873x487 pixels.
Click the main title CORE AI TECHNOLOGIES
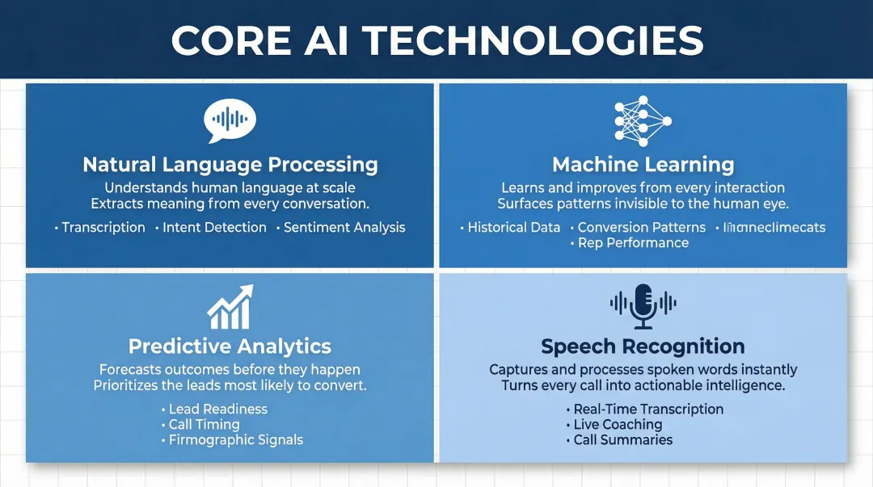pyautogui.click(x=436, y=40)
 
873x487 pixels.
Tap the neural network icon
pyautogui.click(x=643, y=122)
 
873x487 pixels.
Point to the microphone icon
pyautogui.click(x=643, y=306)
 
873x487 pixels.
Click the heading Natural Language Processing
pyautogui.click(x=230, y=165)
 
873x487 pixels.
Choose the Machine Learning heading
pyautogui.click(x=643, y=165)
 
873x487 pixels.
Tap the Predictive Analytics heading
pyautogui.click(x=230, y=346)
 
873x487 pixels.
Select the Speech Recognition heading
pyautogui.click(x=643, y=346)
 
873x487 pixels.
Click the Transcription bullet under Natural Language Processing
pyautogui.click(x=103, y=228)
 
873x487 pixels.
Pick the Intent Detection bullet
pyautogui.click(x=214, y=228)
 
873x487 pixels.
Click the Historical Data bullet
pyautogui.click(x=513, y=228)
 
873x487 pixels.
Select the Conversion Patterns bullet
pyautogui.click(x=641, y=228)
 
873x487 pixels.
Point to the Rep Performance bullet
pyautogui.click(x=633, y=243)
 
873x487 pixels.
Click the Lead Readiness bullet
pyautogui.click(x=217, y=409)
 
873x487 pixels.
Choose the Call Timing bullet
pyautogui.click(x=204, y=424)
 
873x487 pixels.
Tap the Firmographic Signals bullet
pyautogui.click(x=235, y=440)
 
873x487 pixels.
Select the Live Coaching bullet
pyautogui.click(x=618, y=424)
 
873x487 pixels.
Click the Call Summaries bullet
pyautogui.click(x=622, y=440)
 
